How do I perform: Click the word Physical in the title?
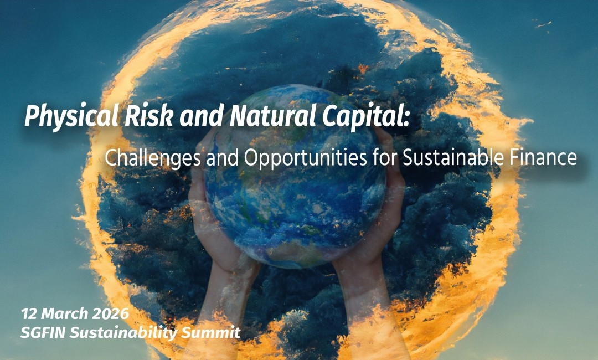pos(71,116)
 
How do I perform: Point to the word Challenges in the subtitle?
pos(153,158)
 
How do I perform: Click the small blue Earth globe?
pos(295,177)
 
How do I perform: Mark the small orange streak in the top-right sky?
pos(543,24)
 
